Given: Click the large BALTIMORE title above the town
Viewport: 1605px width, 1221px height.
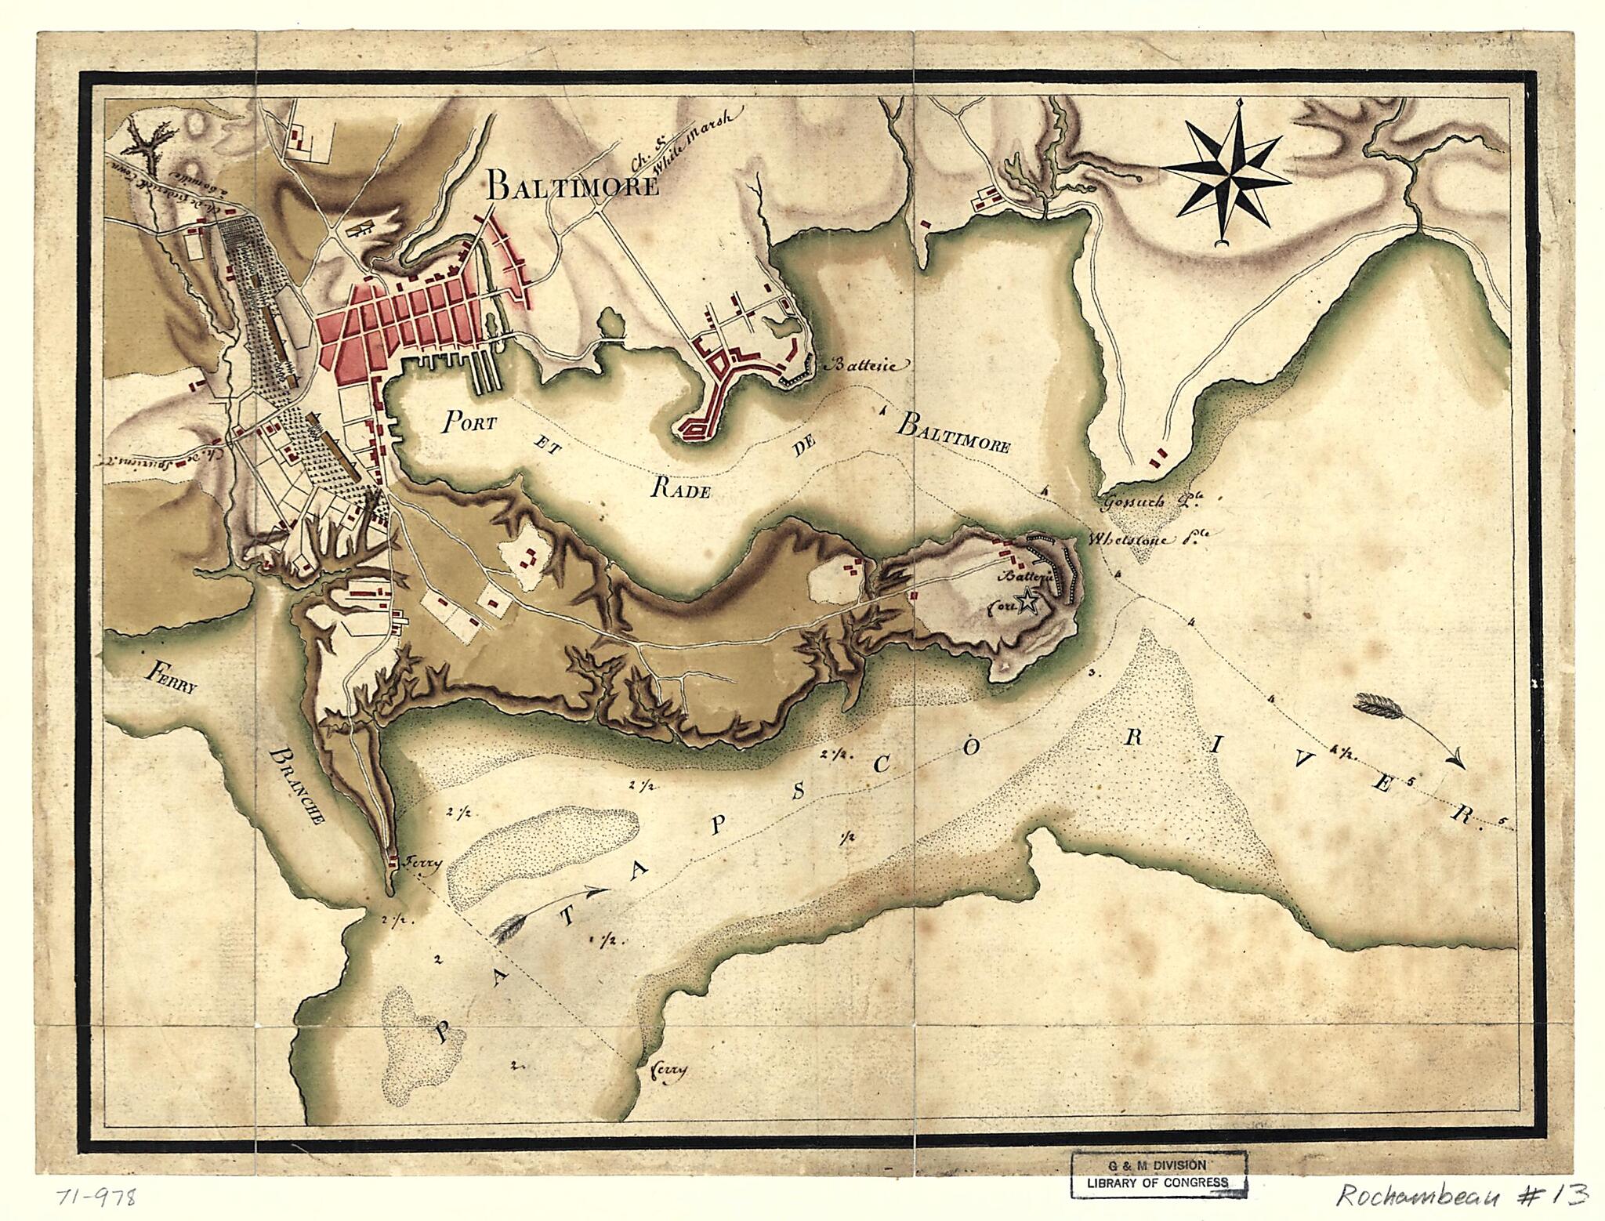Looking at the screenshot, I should point(571,187).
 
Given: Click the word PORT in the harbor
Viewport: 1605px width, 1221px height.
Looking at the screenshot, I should point(469,423).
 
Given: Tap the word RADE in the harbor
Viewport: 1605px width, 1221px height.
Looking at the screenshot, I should point(680,491).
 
